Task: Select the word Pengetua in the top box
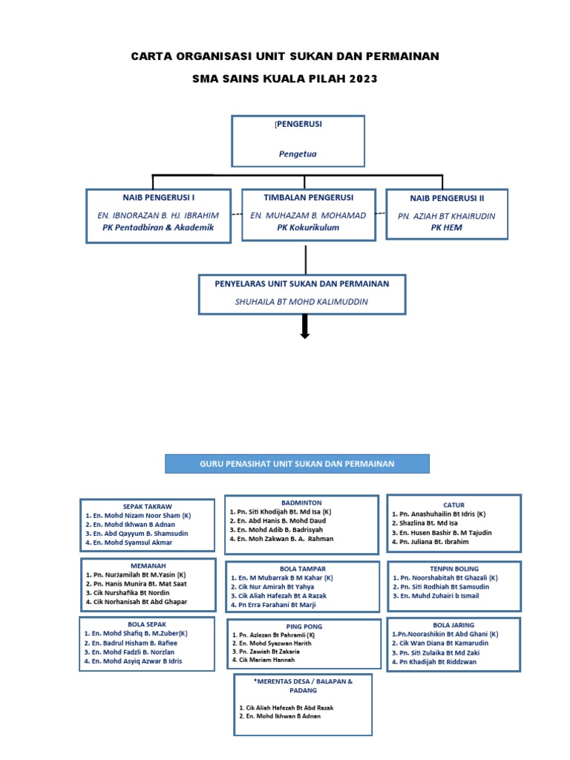click(x=298, y=154)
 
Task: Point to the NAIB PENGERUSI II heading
click(x=447, y=198)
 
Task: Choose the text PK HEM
click(x=446, y=228)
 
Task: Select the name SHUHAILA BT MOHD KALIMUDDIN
click(x=301, y=301)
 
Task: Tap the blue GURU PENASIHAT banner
click(x=297, y=464)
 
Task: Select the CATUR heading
click(x=453, y=504)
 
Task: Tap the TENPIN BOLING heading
click(x=453, y=569)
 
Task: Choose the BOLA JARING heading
click(x=453, y=625)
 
